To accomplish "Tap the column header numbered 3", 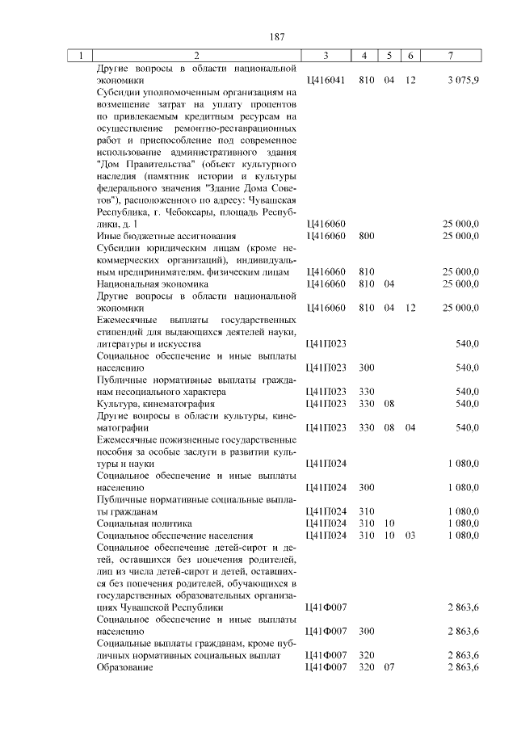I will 326,56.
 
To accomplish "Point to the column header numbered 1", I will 81,56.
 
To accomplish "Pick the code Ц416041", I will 326,81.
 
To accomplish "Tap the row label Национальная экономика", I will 141,284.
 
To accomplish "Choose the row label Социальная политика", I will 134,523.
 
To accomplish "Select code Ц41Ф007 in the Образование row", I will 326,668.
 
